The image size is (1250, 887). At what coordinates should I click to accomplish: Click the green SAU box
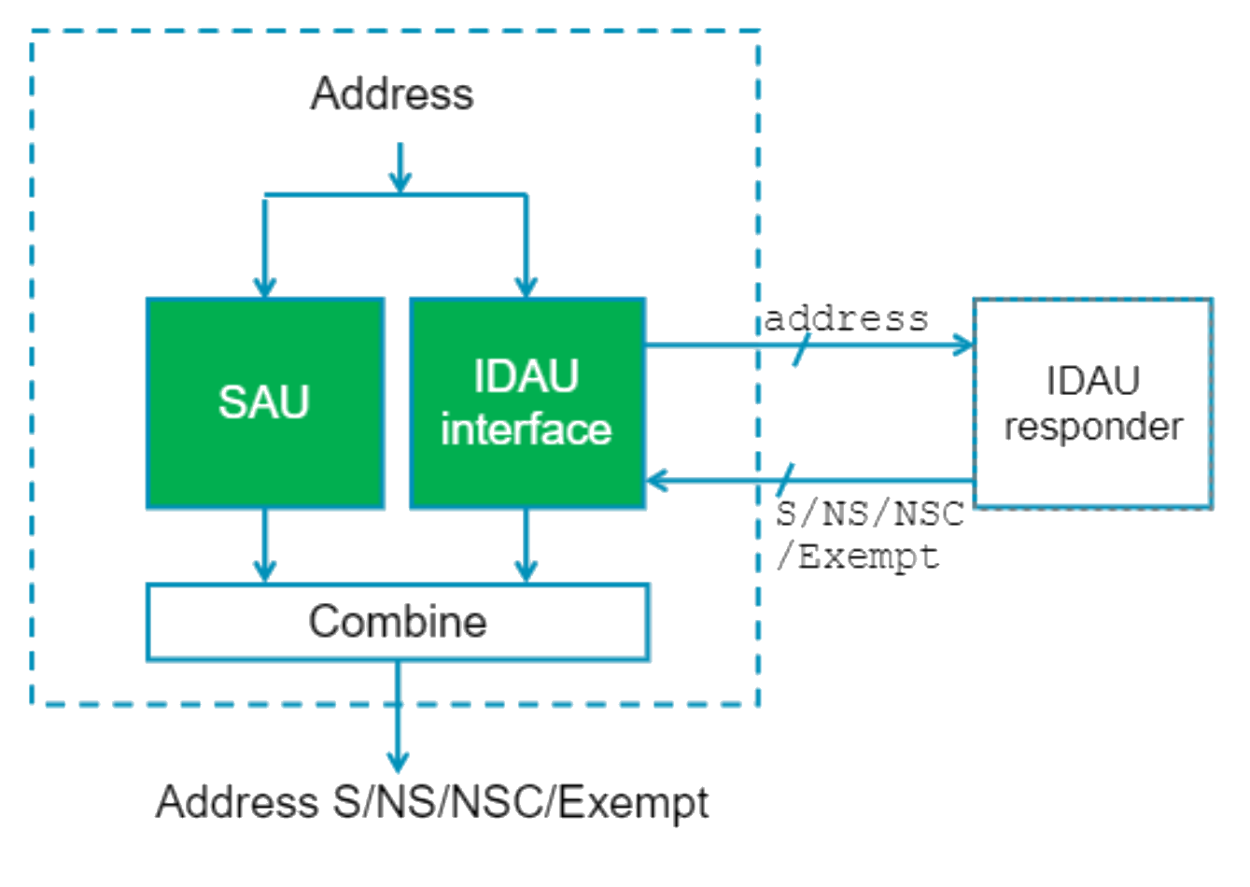click(265, 403)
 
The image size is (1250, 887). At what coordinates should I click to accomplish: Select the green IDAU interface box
click(527, 403)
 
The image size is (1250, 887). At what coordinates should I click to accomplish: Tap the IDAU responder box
click(1093, 403)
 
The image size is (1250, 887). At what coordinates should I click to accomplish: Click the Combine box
click(399, 622)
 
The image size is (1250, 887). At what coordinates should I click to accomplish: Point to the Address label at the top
click(392, 94)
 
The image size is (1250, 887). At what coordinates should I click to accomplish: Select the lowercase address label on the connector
click(847, 319)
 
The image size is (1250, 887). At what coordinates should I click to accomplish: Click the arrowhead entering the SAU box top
click(266, 286)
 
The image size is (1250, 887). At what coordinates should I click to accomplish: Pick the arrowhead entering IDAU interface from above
click(527, 286)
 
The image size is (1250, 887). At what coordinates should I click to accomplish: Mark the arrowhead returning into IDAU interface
click(657, 481)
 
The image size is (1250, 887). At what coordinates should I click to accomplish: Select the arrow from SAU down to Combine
click(266, 546)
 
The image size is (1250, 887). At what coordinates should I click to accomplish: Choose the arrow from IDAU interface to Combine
click(527, 546)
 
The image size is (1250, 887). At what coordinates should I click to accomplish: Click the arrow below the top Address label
click(400, 168)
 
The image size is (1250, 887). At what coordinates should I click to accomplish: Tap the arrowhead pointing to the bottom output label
click(400, 759)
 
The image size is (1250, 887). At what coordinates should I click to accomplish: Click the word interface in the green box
click(527, 430)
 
